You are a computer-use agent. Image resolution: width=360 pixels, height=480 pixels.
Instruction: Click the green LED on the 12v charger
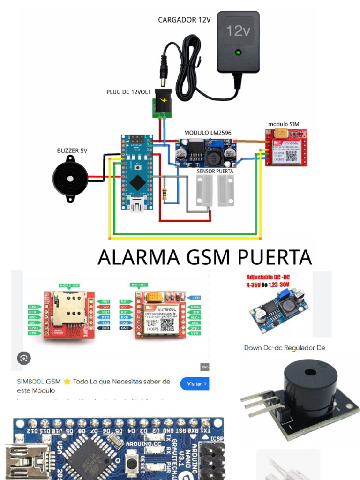click(239, 52)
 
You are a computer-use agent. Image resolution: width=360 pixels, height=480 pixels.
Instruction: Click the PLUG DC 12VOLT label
click(128, 92)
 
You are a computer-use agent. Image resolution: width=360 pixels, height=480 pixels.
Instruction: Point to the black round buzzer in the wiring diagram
click(70, 179)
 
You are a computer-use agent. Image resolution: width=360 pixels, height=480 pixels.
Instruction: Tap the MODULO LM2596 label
click(207, 133)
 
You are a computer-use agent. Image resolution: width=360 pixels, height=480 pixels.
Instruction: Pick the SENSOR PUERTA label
click(215, 171)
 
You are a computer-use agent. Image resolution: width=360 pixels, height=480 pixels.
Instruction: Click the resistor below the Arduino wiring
click(164, 194)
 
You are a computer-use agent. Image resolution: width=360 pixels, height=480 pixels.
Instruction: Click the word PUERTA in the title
click(275, 258)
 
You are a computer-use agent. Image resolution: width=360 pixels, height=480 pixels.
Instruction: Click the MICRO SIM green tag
click(69, 285)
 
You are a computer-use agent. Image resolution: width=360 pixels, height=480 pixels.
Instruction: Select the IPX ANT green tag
click(139, 285)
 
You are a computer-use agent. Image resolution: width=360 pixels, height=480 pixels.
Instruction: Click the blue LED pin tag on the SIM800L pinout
click(194, 298)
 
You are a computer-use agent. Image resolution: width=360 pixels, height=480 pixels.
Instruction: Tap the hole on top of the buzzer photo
click(310, 373)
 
